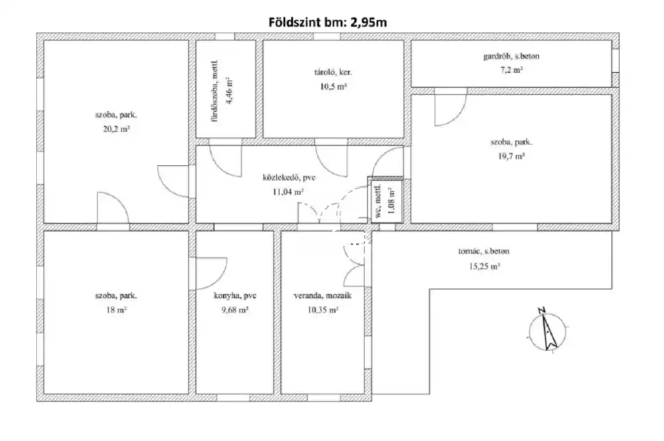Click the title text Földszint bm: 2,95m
(x=328, y=22)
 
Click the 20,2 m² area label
(x=116, y=129)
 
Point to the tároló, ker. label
(x=333, y=72)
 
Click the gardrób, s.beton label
(x=511, y=56)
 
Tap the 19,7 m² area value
(x=511, y=156)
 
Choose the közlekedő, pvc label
(x=289, y=178)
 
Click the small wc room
(x=385, y=200)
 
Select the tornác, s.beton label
(x=483, y=251)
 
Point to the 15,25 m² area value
(x=484, y=266)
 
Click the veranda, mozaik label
(x=323, y=295)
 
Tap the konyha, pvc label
(x=235, y=295)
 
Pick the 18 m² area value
(x=116, y=310)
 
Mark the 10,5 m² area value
(x=333, y=87)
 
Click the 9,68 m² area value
(x=235, y=310)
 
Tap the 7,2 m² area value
(x=511, y=71)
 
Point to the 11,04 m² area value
(x=289, y=192)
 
